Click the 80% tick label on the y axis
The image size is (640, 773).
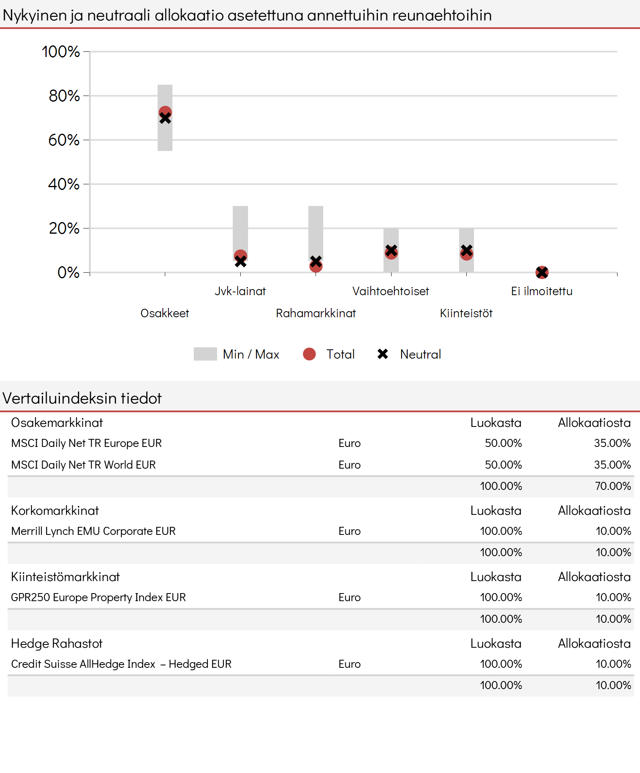click(x=64, y=96)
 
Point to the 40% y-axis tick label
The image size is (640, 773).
click(x=64, y=184)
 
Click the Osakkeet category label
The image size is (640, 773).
click(x=165, y=313)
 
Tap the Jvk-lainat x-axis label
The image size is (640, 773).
click(x=240, y=291)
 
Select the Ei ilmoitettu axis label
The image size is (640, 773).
click(x=542, y=291)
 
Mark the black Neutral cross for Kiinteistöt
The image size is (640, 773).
click(x=466, y=251)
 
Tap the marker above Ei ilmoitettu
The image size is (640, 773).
click(x=542, y=273)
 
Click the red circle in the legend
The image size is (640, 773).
click(x=309, y=354)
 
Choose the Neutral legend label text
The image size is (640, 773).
click(x=421, y=354)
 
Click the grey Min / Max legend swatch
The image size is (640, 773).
click(x=205, y=354)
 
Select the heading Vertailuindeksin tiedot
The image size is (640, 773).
click(x=82, y=398)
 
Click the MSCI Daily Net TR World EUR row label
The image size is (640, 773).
click(x=83, y=465)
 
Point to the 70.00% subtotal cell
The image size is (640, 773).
click(x=613, y=486)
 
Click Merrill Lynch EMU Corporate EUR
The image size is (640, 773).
click(x=93, y=531)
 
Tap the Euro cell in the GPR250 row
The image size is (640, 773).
click(x=349, y=598)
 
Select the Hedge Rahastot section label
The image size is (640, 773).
click(x=57, y=644)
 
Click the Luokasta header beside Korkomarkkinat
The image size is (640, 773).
click(x=496, y=511)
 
